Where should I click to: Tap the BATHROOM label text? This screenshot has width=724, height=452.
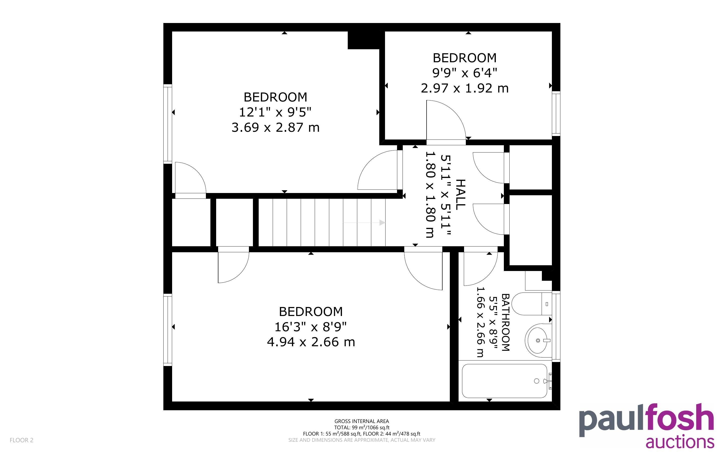505,322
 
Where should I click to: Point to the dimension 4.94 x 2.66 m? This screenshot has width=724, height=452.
311,342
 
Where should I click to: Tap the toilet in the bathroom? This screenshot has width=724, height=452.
531,304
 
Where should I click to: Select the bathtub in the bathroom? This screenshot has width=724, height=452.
505,381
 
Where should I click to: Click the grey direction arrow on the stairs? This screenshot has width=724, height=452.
364,222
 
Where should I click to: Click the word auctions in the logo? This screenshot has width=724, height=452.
680,441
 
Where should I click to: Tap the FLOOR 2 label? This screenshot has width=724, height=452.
22,440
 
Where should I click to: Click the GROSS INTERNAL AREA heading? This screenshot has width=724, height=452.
361,421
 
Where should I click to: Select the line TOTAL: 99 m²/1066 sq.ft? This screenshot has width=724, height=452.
361,427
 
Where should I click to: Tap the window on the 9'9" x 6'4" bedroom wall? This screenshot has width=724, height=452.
556,113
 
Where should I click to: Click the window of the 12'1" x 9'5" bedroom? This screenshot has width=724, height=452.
168,124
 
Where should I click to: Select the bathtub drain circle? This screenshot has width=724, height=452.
537,381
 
